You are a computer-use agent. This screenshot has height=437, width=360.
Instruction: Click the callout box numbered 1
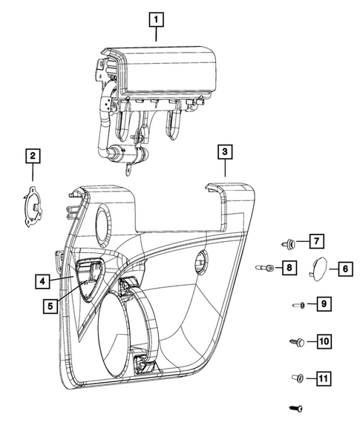point(156,19)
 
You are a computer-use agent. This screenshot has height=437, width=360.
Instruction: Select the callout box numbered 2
point(33,156)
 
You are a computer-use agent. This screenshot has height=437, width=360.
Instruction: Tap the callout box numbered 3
point(225,152)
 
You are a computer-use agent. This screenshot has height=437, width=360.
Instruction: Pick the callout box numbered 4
point(42,281)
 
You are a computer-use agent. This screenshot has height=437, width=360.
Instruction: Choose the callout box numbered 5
point(50,306)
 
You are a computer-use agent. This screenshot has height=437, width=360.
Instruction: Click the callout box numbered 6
point(346,269)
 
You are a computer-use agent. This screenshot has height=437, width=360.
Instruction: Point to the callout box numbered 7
point(316,241)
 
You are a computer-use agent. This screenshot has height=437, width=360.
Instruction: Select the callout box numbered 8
point(289,268)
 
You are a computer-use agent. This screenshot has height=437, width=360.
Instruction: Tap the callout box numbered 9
point(324,303)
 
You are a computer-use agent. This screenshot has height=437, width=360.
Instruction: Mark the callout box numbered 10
point(324,341)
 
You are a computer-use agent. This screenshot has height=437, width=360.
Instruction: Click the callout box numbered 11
point(324,378)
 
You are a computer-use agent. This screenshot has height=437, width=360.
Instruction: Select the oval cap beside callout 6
point(318,269)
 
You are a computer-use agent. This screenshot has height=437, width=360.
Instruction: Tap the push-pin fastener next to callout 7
point(289,244)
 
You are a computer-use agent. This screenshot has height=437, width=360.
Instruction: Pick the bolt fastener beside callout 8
point(265,268)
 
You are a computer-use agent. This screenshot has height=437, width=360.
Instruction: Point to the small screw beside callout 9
point(298,305)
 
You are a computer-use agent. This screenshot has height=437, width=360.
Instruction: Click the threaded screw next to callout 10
point(296,342)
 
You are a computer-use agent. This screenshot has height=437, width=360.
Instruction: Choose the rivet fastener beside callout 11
point(298,378)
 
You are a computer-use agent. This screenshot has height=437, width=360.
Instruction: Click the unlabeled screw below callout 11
point(296,409)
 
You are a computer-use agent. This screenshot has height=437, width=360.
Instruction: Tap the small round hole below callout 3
point(202,261)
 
